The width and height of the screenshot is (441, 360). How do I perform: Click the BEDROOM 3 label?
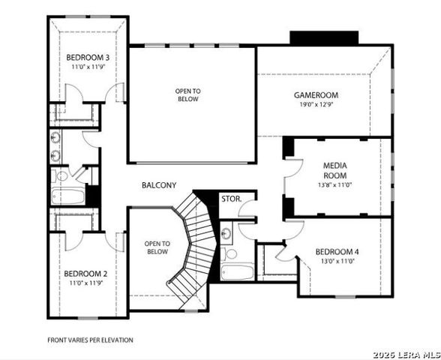click(x=88, y=58)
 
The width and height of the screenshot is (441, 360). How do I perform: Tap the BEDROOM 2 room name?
click(x=85, y=273)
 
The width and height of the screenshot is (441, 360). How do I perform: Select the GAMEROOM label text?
click(x=316, y=95)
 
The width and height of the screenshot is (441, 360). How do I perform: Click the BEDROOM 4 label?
click(x=337, y=251)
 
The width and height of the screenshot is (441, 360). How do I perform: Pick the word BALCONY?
click(x=159, y=184)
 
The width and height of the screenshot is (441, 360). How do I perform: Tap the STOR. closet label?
click(x=230, y=199)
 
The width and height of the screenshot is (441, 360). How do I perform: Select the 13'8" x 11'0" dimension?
click(x=335, y=184)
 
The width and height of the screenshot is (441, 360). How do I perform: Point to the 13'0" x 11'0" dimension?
click(x=337, y=261)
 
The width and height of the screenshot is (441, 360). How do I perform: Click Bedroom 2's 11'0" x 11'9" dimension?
click(x=85, y=283)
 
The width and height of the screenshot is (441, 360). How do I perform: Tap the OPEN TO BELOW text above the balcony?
click(x=189, y=95)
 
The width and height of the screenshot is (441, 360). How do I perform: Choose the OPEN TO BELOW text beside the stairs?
click(x=157, y=247)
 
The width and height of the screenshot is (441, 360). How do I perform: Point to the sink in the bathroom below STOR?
click(x=229, y=234)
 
